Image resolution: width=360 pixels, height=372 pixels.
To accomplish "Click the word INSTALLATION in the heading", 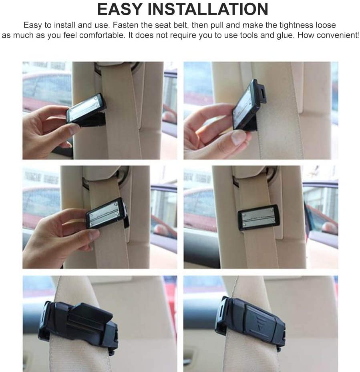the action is click(x=208, y=9).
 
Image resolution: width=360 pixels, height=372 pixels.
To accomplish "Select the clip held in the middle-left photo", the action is click(x=107, y=214).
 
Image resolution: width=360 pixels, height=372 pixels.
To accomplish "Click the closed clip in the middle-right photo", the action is click(x=258, y=217).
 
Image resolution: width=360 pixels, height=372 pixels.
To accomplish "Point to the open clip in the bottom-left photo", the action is click(x=78, y=324).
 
